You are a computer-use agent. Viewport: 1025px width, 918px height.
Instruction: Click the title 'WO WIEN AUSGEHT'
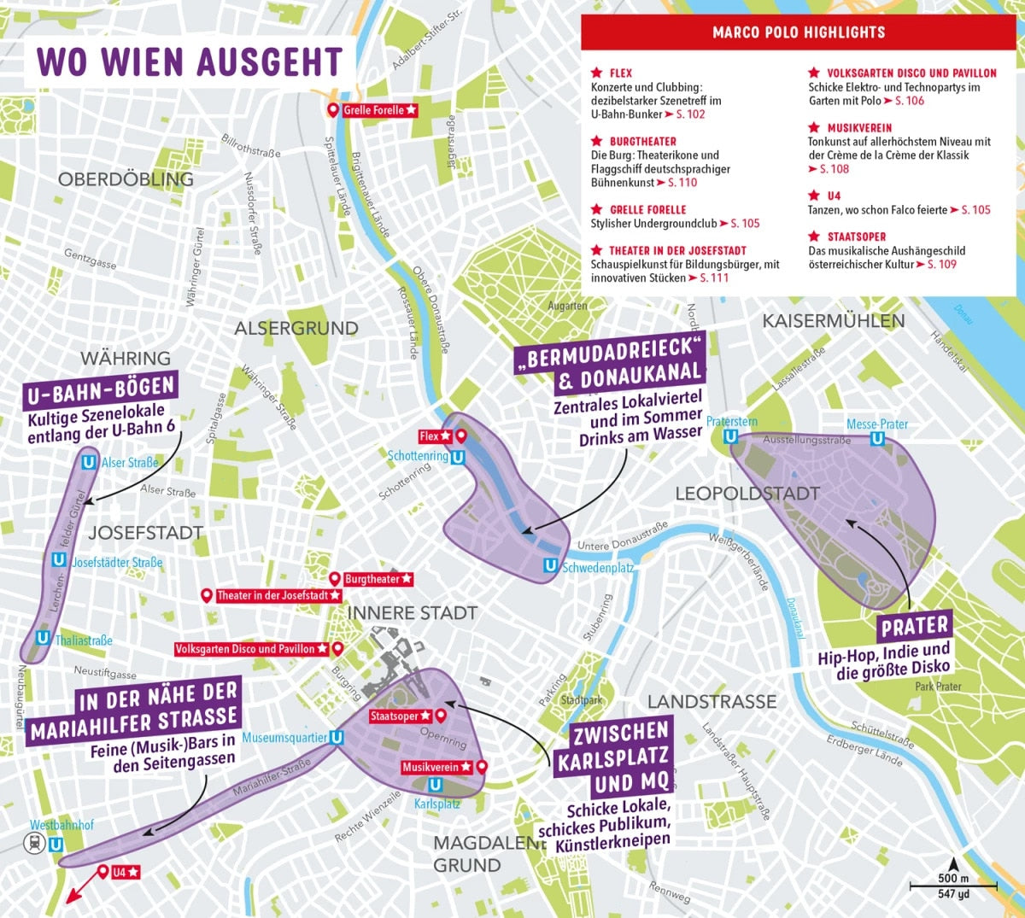189,62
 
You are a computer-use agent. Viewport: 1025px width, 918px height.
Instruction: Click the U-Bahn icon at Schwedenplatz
551,565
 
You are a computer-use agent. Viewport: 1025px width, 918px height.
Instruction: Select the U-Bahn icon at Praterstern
730,436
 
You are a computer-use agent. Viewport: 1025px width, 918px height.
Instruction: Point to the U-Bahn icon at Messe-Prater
876,438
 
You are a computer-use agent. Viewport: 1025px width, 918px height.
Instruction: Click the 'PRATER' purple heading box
914,627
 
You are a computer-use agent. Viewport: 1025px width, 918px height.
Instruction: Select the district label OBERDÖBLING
126,179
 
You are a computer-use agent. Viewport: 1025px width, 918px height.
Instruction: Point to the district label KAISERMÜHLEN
833,321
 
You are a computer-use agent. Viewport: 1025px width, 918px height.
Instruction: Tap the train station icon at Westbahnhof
33,844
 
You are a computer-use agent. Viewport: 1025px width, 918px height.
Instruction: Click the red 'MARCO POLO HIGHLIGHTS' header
799,32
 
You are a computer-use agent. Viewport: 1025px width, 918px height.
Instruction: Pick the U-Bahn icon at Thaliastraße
43,638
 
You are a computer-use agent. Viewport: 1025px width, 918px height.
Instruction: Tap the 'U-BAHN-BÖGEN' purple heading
101,392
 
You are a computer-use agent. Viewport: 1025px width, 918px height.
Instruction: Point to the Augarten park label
567,306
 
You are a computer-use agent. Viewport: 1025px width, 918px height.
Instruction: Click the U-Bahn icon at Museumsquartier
337,738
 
